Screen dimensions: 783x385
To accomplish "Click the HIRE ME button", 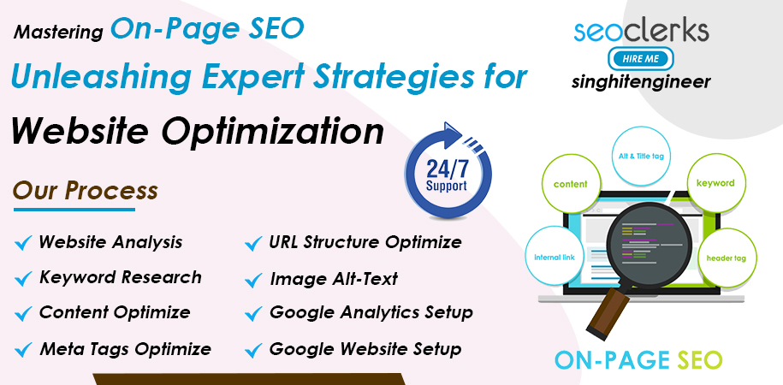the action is pyautogui.click(x=641, y=58).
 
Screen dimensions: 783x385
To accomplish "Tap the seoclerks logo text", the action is pyautogui.click(x=641, y=31).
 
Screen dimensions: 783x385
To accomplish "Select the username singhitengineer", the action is pyautogui.click(x=641, y=81).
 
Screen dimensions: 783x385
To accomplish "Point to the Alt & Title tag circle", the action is pyautogui.click(x=638, y=156).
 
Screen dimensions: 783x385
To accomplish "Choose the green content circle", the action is pyautogui.click(x=570, y=184).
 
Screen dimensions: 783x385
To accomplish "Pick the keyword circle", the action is pyautogui.click(x=715, y=183).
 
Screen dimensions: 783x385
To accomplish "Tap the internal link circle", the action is pyautogui.click(x=555, y=258).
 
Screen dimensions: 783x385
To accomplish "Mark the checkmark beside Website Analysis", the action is pyautogui.click(x=23, y=243).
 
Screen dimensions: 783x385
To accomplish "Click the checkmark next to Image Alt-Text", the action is pyautogui.click(x=253, y=280).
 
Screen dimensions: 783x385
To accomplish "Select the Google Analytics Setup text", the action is pyautogui.click(x=371, y=312).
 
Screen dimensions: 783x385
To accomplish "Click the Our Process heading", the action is pyautogui.click(x=85, y=191).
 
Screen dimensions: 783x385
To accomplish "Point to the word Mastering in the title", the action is pyautogui.click(x=58, y=33).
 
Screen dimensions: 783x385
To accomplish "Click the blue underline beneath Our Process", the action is pyautogui.click(x=74, y=210).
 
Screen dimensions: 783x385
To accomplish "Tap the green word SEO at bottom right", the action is pyautogui.click(x=701, y=360).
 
